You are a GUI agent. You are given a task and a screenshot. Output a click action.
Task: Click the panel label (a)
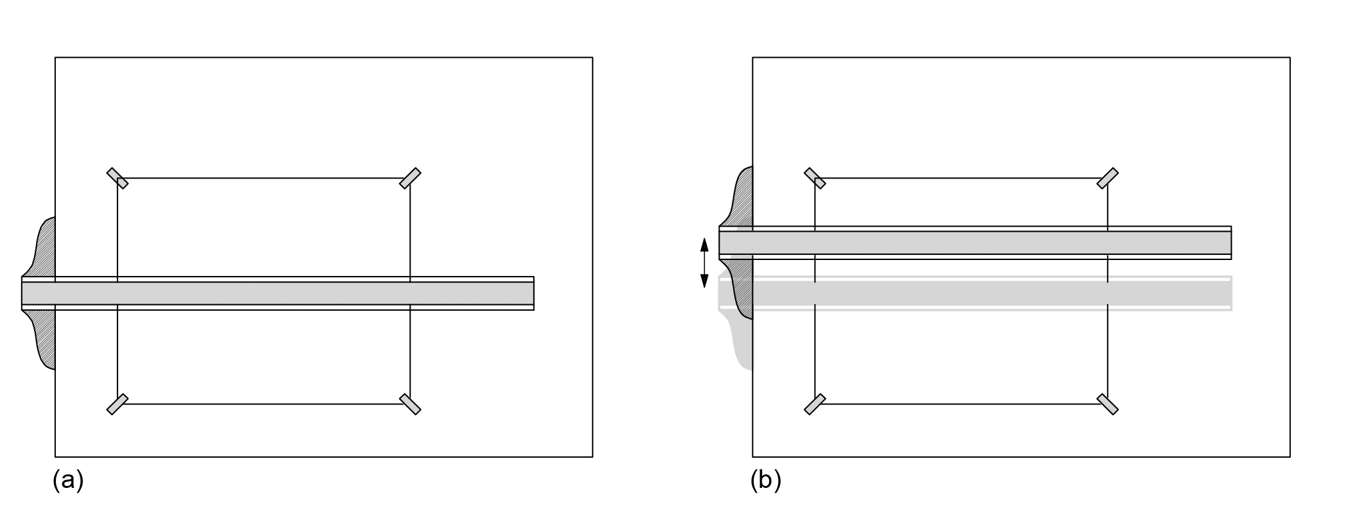point(68,480)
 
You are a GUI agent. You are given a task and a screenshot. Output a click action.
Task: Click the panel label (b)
point(765,480)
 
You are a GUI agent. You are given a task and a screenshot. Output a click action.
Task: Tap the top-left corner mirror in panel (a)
point(118,178)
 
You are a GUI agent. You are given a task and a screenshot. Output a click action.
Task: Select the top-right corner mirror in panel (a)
point(410,178)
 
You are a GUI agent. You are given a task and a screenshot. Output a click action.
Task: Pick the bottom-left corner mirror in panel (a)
point(118,404)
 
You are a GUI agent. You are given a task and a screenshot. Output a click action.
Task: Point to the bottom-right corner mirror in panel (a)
point(410,404)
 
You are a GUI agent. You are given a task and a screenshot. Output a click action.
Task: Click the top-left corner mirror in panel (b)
point(815,178)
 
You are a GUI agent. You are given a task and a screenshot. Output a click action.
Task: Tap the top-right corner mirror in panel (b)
point(1108,178)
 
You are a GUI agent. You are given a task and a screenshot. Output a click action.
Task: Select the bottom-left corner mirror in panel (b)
point(815,404)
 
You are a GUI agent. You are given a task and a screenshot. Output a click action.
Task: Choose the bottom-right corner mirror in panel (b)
point(1108,404)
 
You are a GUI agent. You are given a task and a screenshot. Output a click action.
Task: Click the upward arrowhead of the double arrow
point(704,245)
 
